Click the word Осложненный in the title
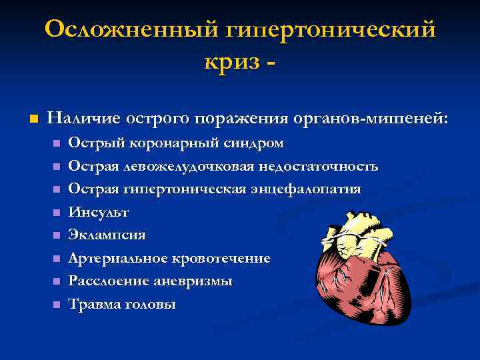coord(130,30)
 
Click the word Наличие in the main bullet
coord(85,118)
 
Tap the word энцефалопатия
coord(306,189)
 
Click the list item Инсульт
coord(99,212)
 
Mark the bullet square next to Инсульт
coord(56,213)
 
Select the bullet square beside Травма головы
coord(56,305)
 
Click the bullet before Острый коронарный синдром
coord(56,143)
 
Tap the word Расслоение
coord(107,281)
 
